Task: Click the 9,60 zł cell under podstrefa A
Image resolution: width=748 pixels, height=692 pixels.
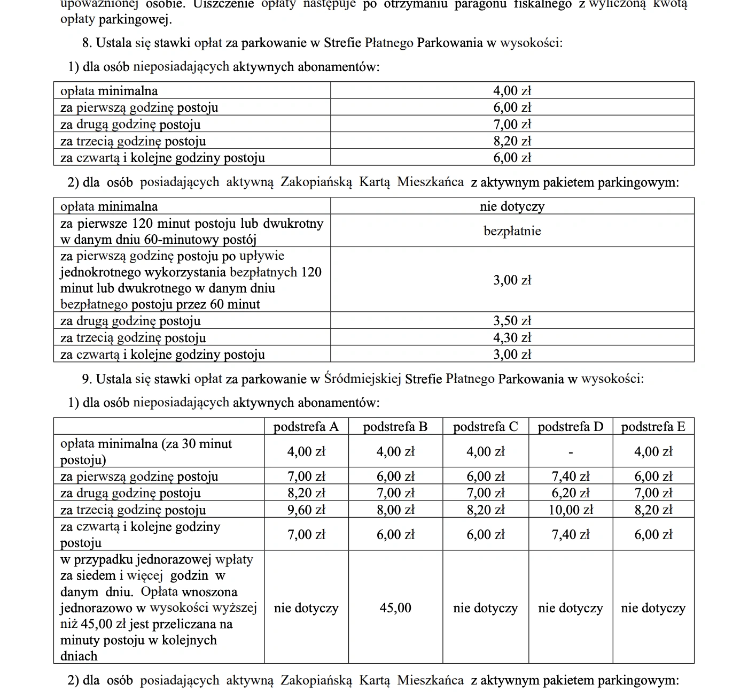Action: pyautogui.click(x=306, y=510)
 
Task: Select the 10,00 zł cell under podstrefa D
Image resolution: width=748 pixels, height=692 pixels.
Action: pyautogui.click(x=571, y=510)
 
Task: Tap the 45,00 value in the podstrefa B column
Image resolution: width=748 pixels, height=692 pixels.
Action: pyautogui.click(x=395, y=608)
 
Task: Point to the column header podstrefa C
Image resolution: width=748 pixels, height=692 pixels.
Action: pyautogui.click(x=485, y=427)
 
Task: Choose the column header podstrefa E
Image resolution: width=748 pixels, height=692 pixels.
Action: pyautogui.click(x=653, y=427)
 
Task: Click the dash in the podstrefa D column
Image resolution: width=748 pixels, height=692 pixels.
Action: pyautogui.click(x=571, y=452)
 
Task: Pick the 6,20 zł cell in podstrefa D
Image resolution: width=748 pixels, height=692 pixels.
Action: pyautogui.click(x=571, y=494)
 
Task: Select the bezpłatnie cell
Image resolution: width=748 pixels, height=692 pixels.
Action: pyautogui.click(x=512, y=231)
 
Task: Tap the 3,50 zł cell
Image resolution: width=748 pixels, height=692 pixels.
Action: pyautogui.click(x=512, y=321)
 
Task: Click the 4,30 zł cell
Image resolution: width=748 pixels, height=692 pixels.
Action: pyautogui.click(x=512, y=338)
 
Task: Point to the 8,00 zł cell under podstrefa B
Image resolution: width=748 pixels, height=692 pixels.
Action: pyautogui.click(x=395, y=510)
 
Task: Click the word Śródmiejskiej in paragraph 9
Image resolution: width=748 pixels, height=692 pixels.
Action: pyautogui.click(x=362, y=379)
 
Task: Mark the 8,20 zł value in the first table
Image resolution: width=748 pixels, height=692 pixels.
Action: pyautogui.click(x=512, y=141)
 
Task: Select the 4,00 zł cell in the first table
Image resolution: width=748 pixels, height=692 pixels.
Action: pyautogui.click(x=512, y=91)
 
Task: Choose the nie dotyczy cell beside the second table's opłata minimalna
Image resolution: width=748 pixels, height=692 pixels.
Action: pyautogui.click(x=512, y=206)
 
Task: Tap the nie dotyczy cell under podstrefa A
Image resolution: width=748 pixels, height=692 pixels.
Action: pyautogui.click(x=306, y=608)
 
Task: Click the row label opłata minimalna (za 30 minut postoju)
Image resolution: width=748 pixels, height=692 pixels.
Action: pyautogui.click(x=146, y=451)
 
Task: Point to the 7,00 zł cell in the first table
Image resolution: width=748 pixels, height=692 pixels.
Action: pyautogui.click(x=512, y=125)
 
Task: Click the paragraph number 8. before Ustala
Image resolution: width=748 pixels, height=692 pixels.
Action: pyautogui.click(x=87, y=43)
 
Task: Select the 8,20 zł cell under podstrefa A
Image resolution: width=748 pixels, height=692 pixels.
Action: pyautogui.click(x=306, y=494)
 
